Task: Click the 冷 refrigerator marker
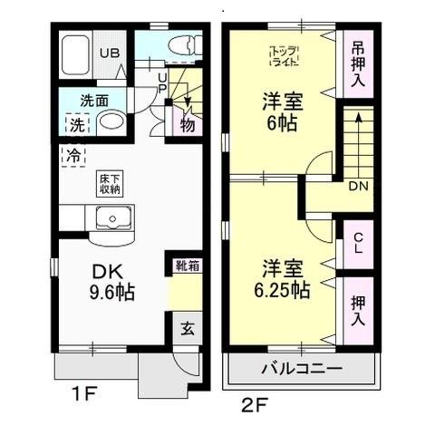click(72, 154)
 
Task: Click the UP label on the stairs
click(162, 83)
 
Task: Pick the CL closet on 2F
click(358, 243)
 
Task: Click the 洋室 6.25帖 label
click(286, 279)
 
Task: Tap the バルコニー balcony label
click(302, 370)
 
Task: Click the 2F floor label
click(253, 402)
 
